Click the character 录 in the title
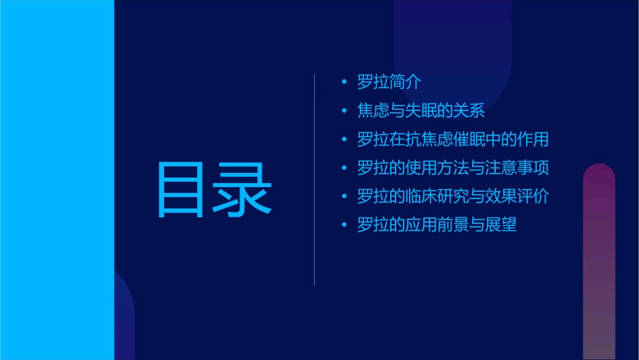[243, 189]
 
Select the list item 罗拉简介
[389, 83]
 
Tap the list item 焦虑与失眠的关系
[421, 111]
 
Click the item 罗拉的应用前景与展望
[437, 225]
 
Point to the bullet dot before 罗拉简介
[344, 83]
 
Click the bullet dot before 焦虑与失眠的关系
[344, 111]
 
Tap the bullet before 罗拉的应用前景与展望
[344, 225]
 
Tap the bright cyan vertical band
[57, 180]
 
